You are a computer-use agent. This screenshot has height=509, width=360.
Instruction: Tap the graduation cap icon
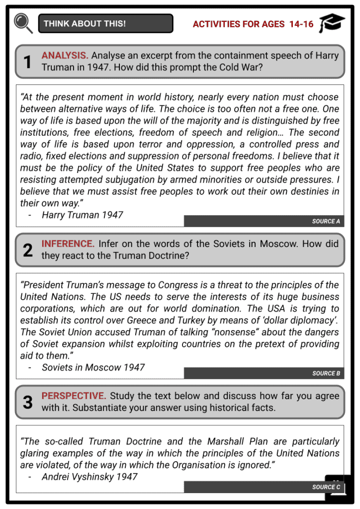(332, 23)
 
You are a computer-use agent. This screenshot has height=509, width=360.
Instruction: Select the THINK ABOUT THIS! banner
(105, 23)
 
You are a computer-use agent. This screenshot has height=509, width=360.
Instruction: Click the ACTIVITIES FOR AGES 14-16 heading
(253, 24)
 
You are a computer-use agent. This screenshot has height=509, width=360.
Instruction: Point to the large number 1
(28, 62)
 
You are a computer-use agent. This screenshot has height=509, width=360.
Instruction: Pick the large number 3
(28, 402)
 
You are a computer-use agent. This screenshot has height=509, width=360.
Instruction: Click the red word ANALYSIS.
(65, 56)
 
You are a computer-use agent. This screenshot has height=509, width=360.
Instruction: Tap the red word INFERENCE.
(68, 244)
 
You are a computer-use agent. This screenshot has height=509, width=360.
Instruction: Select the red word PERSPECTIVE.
(74, 396)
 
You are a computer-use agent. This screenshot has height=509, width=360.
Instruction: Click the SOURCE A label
(326, 221)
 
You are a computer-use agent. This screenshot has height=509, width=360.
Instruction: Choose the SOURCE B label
(326, 373)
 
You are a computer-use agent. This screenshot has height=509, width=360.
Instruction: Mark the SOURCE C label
(326, 487)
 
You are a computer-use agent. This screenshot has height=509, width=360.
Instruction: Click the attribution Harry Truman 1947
(82, 215)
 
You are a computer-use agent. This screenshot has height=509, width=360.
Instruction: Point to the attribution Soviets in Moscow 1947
(93, 367)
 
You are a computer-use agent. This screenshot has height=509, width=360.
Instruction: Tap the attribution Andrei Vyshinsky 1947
(90, 477)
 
